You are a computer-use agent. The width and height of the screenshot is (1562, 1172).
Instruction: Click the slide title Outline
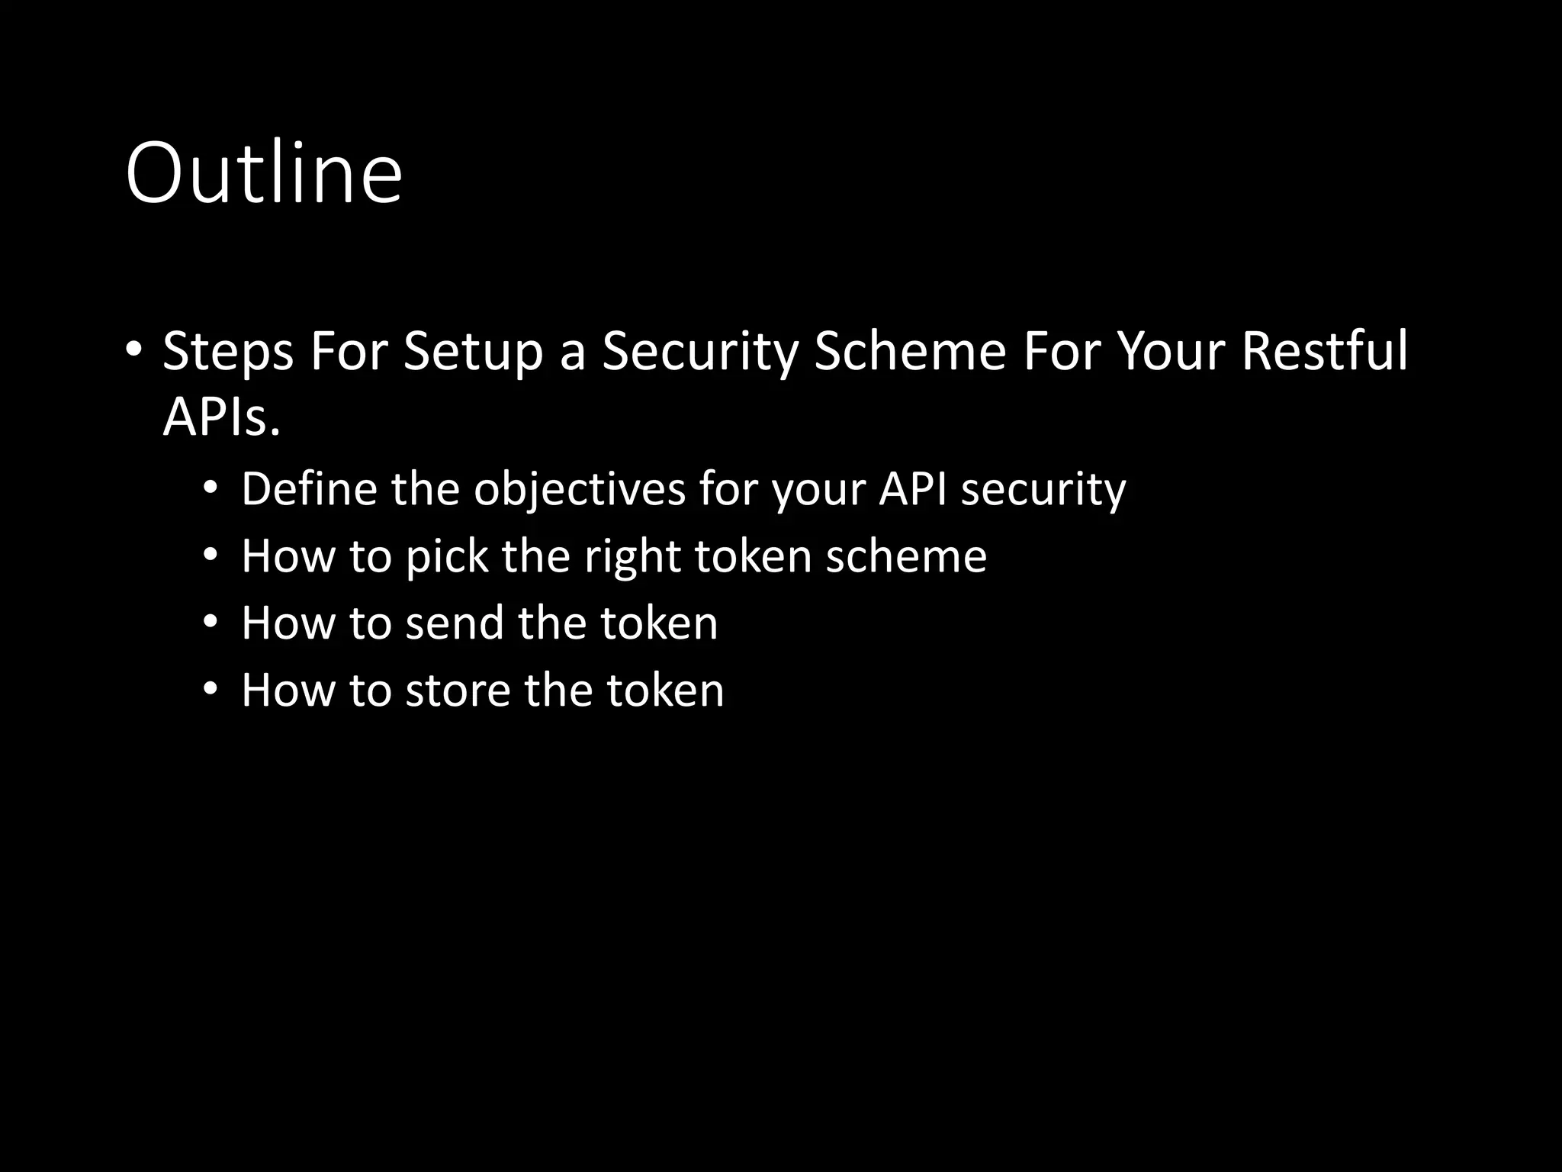(263, 174)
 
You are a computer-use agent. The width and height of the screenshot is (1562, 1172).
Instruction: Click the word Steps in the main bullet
(227, 353)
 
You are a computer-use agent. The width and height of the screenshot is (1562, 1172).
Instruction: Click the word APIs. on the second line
(221, 418)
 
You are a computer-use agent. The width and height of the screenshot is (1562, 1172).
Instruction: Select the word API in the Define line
(912, 488)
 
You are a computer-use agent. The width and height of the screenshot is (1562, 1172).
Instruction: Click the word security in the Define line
(1043, 490)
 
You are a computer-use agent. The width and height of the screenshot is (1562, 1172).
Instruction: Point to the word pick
(446, 556)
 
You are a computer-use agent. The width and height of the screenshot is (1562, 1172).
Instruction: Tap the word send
(455, 623)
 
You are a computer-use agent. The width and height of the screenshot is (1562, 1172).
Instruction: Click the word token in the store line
(664, 690)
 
